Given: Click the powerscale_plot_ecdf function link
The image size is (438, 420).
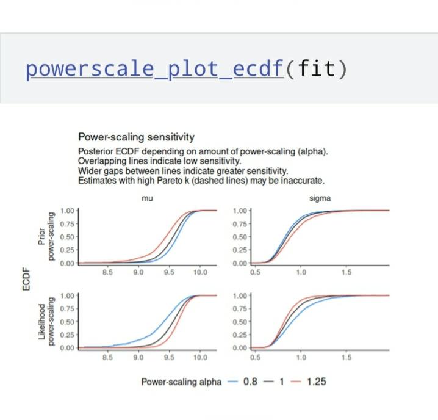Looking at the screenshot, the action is pos(155,70).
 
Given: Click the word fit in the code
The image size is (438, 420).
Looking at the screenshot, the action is pos(317,68).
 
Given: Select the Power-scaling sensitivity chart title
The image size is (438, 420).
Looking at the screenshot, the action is pos(136,137).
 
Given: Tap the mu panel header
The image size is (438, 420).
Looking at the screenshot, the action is pos(147,198).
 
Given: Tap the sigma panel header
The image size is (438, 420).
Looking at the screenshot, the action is pos(320,198).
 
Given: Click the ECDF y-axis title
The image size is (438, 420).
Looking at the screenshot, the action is pos(26,279).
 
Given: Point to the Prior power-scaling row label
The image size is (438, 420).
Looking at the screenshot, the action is pos(46,237).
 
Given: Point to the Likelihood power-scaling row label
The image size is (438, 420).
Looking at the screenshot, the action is pos(46,322).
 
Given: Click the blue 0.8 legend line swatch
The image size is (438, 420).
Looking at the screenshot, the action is pos(232,382).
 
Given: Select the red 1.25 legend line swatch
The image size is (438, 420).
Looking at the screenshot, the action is pos(296,382).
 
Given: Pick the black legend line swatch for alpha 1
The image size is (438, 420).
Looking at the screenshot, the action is pos(268,382).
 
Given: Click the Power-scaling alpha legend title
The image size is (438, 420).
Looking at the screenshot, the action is pos(181,382).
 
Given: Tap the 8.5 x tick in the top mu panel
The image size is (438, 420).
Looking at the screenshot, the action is pos(107,272).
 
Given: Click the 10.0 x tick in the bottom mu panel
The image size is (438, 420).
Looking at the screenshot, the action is pos(200,357).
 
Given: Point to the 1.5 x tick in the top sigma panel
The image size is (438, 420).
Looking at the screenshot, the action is pos(346,272).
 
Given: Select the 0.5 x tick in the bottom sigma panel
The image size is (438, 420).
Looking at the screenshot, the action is pos(255,357).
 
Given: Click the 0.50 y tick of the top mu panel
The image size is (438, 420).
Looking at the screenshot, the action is pos(67,237).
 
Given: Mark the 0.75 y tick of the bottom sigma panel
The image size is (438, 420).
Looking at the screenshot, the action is pos(240,309).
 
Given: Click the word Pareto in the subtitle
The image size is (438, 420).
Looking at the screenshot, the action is pos(170,181).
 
